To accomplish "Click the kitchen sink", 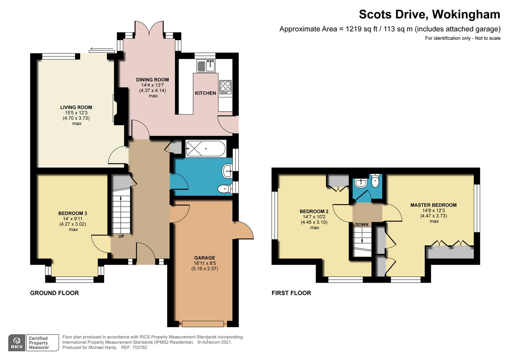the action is point(206,66).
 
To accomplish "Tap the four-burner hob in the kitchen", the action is point(226,87).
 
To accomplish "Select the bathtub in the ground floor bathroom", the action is point(206,149).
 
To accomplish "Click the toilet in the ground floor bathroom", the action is point(225,189).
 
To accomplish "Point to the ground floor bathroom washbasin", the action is point(228,171).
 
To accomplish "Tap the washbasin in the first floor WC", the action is point(361,183).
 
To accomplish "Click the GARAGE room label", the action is point(205,258).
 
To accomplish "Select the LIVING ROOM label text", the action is point(76,107).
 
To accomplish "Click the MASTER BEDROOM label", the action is point(433,205).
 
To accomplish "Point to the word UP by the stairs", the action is point(121,236).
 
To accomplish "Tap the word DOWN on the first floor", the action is point(362,224).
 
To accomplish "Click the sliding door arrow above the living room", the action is point(102,49).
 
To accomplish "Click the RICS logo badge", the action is point(17,343).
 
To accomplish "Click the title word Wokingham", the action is point(466,15).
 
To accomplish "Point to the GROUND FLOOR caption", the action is point(55,293).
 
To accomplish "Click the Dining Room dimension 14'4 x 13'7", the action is point(153,85).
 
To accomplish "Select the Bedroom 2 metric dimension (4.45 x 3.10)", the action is point(314,222).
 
